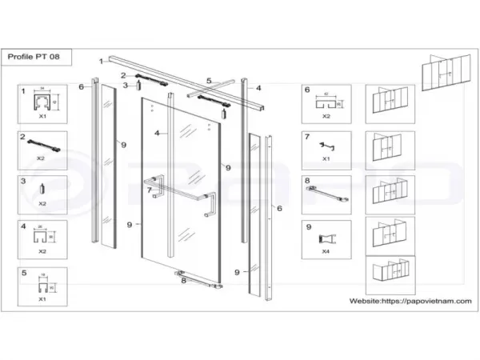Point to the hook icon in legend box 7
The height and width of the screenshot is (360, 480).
tap(325, 145)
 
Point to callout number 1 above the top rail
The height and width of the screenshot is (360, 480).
tap(101, 61)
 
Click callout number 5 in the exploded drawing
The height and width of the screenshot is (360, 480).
tap(209, 81)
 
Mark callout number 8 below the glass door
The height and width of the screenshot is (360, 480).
tap(183, 280)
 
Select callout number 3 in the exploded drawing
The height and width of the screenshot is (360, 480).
tap(125, 86)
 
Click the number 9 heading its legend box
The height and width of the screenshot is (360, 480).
tap(307, 226)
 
